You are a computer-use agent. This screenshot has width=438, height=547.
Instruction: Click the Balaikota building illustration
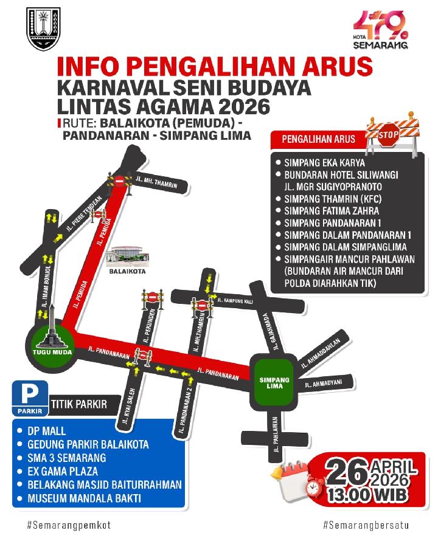[127, 256]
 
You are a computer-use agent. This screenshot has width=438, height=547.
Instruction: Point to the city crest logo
[44, 29]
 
